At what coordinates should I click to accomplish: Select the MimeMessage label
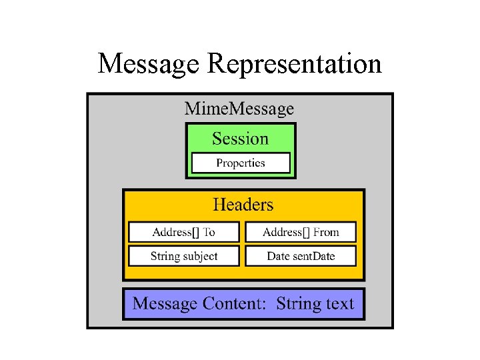click(x=239, y=108)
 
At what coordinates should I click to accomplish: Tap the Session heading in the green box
click(x=240, y=139)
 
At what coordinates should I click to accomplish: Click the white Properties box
click(x=241, y=163)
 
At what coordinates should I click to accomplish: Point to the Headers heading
click(x=243, y=204)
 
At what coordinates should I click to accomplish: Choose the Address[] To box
click(x=184, y=232)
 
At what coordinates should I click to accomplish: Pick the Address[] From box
click(x=301, y=232)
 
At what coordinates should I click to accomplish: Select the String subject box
click(x=184, y=256)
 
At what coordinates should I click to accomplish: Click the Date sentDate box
click(x=301, y=256)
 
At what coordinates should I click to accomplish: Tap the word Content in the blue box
click(x=235, y=304)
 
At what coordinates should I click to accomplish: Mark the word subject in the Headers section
click(x=199, y=256)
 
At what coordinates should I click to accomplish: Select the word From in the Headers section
click(x=326, y=232)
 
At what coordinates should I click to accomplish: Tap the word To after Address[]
click(x=209, y=232)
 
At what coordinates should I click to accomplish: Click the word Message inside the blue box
click(x=165, y=304)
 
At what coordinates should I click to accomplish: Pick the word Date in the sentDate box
click(x=278, y=256)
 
